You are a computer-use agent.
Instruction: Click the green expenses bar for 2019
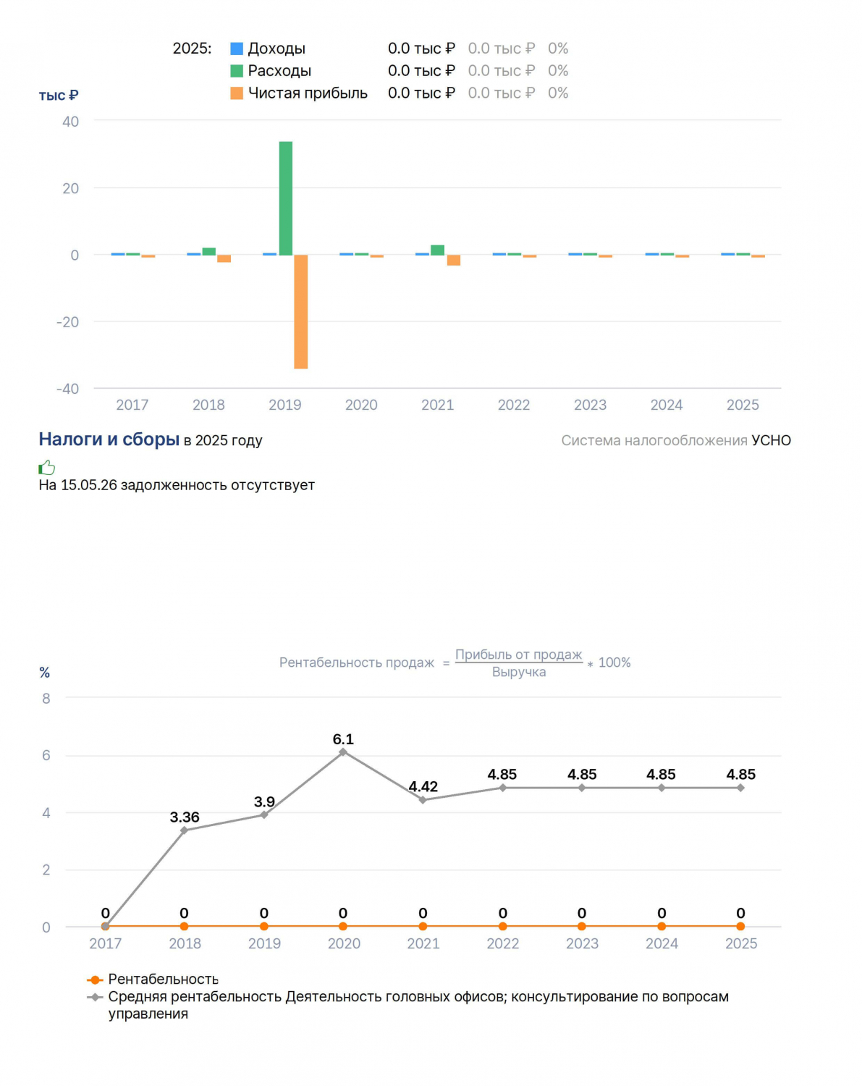coord(286,198)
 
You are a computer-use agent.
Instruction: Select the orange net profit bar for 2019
coord(301,312)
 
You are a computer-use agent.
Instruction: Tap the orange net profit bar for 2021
coord(454,260)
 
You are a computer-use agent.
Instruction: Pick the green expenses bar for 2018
coord(209,251)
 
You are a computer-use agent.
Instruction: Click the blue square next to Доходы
coord(237,49)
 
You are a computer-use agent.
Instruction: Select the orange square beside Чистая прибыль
coord(237,93)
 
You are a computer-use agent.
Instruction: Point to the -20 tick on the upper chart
coord(67,322)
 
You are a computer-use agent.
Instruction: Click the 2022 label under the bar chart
coord(514,405)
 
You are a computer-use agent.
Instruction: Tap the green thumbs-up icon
coord(47,467)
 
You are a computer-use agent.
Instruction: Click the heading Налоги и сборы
coord(109,439)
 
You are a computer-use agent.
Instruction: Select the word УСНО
coord(771,441)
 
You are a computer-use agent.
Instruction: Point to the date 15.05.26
coord(89,485)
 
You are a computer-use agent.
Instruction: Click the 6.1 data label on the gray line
coord(343,739)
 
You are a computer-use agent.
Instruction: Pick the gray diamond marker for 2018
coord(185,830)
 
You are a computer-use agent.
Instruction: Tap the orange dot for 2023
coord(582,927)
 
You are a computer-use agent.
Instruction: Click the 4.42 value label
coord(423,787)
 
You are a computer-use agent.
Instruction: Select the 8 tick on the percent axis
coord(46,699)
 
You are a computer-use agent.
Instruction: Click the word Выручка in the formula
coord(519,672)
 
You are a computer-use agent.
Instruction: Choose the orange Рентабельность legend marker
coord(94,980)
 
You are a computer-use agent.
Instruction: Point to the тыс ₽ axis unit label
coord(59,96)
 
